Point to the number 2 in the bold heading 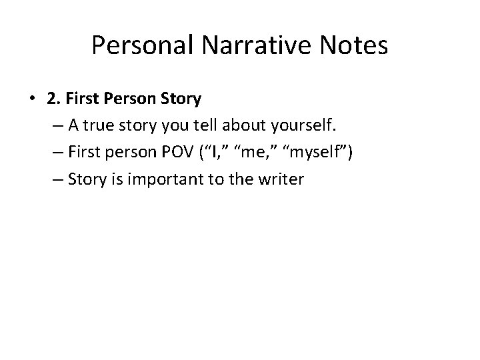(51, 99)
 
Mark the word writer (283, 179)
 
